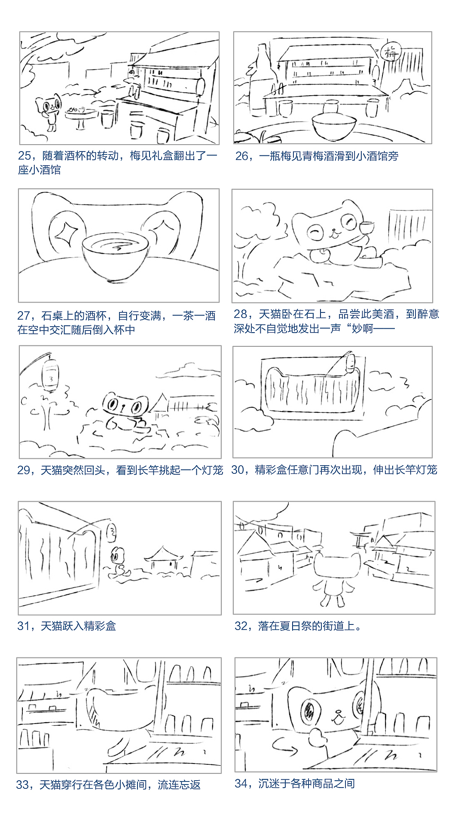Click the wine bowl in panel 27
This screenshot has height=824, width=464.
tap(115, 256)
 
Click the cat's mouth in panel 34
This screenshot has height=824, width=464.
tap(339, 718)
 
